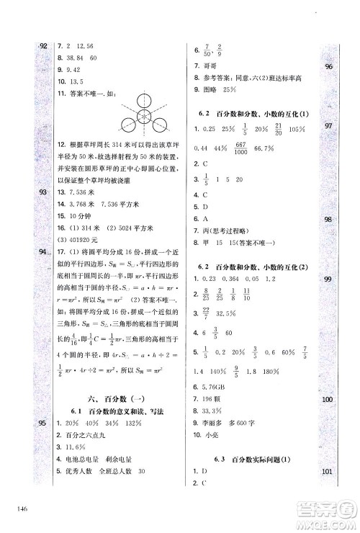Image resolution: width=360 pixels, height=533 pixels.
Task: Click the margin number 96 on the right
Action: point(328,67)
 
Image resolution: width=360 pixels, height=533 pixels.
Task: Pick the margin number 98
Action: point(328,220)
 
